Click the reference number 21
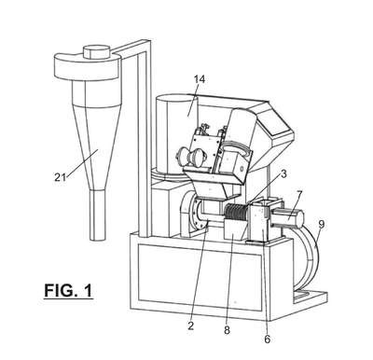coord(61,177)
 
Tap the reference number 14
coord(200,79)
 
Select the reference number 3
coord(283,174)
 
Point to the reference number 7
coord(298,195)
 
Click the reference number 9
coord(321,224)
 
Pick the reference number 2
coord(191,325)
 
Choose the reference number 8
coord(227,330)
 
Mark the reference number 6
coord(268,339)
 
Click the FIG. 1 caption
coord(68,290)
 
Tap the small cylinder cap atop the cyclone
coord(97,51)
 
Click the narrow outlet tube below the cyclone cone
coord(98,215)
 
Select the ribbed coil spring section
coord(235,212)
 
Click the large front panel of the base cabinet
coord(199,277)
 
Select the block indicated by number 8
coord(235,229)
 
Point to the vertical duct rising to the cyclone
coord(143,140)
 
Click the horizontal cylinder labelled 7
coord(287,217)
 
